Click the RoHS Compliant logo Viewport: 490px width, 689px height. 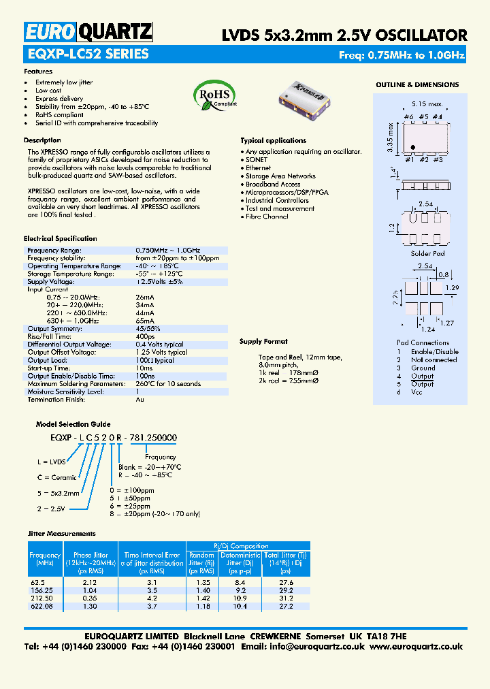[x=215, y=95]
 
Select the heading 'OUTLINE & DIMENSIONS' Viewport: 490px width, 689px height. [x=417, y=85]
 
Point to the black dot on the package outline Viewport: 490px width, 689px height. [x=413, y=146]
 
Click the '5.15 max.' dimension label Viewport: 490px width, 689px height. [x=427, y=104]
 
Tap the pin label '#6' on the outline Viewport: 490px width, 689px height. [x=408, y=117]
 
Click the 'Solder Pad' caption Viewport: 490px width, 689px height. [x=427, y=253]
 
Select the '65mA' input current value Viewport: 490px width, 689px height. [x=145, y=321]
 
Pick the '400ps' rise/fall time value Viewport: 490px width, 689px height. [x=145, y=336]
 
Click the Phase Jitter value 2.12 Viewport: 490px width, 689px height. [x=90, y=582]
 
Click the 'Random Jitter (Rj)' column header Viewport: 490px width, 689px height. [x=201, y=559]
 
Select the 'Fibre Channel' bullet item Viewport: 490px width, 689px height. [x=267, y=217]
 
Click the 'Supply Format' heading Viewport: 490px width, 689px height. [x=263, y=342]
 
